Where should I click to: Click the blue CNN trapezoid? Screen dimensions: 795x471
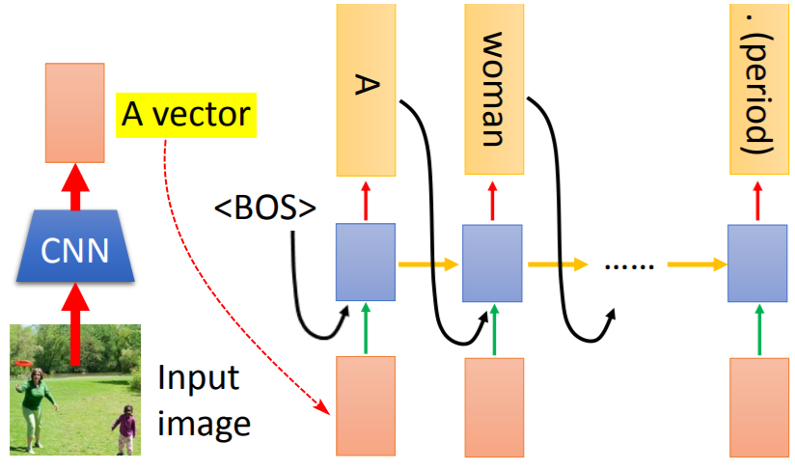pyautogui.click(x=75, y=246)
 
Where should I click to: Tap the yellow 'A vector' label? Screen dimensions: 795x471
pyautogui.click(x=186, y=115)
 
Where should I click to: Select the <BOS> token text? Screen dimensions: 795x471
pyautogui.click(x=264, y=208)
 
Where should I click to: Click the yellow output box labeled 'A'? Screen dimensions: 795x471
pyautogui.click(x=366, y=91)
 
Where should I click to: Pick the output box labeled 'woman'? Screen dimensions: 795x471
pyautogui.click(x=494, y=89)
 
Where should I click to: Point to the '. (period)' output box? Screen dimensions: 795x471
pyautogui.click(x=759, y=89)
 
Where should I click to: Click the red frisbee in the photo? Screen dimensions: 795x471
pyautogui.click(x=23, y=363)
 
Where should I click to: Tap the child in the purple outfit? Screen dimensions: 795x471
pyautogui.click(x=124, y=429)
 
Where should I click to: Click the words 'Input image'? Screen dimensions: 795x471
pyautogui.click(x=204, y=401)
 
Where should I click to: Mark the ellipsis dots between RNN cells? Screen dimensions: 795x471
pyautogui.click(x=629, y=265)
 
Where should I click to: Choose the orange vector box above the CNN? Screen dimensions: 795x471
pyautogui.click(x=75, y=113)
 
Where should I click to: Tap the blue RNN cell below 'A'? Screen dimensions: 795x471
pyautogui.click(x=366, y=263)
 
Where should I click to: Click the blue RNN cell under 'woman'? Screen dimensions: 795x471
pyautogui.click(x=492, y=263)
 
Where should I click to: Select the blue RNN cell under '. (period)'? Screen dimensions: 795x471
pyautogui.click(x=757, y=263)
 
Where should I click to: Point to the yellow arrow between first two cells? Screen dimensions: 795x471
pyautogui.click(x=428, y=264)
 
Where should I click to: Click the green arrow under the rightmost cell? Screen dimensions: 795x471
pyautogui.click(x=759, y=329)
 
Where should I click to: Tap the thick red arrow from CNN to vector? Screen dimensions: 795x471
pyautogui.click(x=75, y=186)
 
